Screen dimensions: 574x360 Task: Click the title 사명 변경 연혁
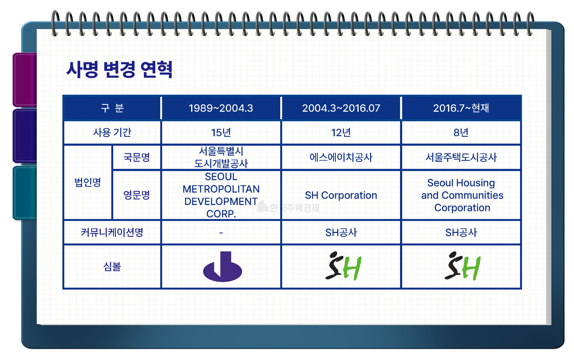[119, 69]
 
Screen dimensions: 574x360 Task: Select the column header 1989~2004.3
[221, 108]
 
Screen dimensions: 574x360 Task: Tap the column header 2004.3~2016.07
[341, 108]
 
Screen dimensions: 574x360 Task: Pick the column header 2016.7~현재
[461, 108]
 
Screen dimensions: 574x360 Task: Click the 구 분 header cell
[112, 108]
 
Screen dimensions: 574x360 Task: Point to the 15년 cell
[221, 132]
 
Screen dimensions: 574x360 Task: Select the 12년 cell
[341, 132]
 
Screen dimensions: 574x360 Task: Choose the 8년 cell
[461, 132]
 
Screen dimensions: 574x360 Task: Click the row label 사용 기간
[112, 132]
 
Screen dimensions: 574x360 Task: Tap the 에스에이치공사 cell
[341, 157]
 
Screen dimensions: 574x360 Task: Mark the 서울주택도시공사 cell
[461, 157]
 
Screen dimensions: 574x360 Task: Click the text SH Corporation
[341, 195]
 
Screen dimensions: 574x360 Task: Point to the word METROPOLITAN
[221, 189]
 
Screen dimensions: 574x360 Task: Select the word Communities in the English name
[473, 195]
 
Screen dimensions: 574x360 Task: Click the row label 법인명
[87, 182]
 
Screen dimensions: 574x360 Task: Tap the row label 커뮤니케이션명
[112, 232]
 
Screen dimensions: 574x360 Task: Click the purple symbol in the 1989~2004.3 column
[222, 266]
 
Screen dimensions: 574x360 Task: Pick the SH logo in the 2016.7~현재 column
[462, 266]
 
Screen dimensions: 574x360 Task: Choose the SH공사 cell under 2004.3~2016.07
[341, 232]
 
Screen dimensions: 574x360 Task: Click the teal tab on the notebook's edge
[25, 193]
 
